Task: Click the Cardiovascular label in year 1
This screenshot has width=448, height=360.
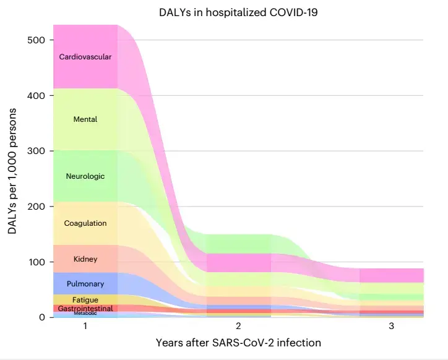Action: [x=85, y=57]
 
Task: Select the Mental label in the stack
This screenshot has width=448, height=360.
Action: [x=85, y=119]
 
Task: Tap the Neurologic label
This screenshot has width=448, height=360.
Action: [x=85, y=176]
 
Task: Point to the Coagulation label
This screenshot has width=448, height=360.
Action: [x=85, y=223]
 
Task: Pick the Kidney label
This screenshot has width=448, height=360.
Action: [x=85, y=259]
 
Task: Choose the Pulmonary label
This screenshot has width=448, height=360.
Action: [x=85, y=284]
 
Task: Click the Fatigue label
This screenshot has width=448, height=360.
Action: [x=85, y=300]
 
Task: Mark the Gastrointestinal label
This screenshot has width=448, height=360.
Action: [x=85, y=308]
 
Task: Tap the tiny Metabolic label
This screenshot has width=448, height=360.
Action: [x=85, y=314]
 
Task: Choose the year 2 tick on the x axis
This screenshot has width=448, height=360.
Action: [x=238, y=327]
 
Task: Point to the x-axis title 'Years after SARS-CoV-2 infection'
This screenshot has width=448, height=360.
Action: [x=238, y=342]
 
